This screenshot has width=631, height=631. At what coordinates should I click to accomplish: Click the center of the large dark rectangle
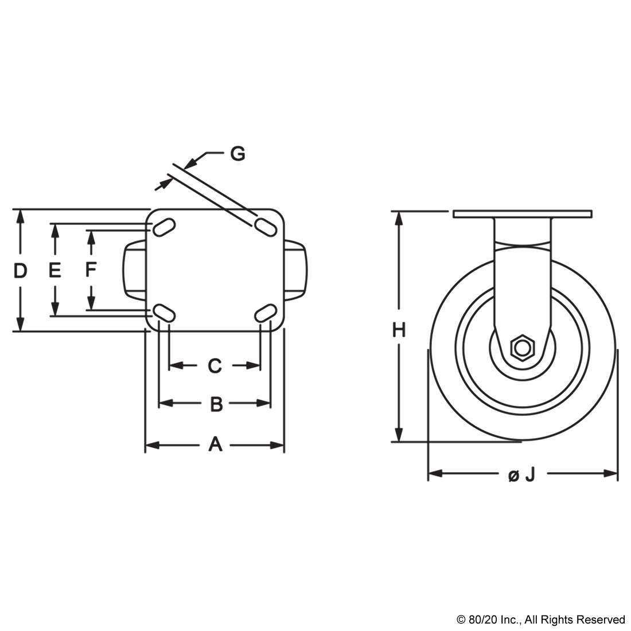click(315, 314)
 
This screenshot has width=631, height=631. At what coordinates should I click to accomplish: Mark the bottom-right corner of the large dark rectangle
click(618, 482)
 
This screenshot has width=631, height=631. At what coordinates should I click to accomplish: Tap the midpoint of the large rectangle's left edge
click(12, 314)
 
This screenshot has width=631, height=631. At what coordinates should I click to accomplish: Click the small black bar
click(540, 621)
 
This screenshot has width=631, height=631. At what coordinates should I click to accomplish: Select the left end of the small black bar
click(458, 621)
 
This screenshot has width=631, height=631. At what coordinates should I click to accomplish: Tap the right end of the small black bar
click(624, 621)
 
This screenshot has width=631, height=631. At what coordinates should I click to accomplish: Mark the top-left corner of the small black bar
click(457, 616)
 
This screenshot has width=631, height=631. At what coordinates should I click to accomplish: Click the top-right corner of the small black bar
click(624, 616)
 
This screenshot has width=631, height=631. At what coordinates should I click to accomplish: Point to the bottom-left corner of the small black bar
click(457, 626)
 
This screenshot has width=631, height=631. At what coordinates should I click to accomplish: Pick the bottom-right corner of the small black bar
click(624, 626)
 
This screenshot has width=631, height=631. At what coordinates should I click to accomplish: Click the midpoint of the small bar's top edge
click(540, 616)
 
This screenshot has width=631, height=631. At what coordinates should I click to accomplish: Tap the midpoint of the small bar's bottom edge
click(540, 626)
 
